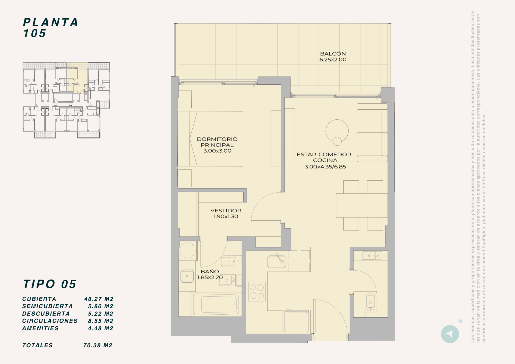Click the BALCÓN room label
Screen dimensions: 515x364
[x=333, y=54]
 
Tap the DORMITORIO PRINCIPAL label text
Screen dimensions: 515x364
[x=217, y=142]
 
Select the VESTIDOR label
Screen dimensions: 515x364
[x=226, y=211]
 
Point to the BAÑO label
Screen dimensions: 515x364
[x=210, y=272]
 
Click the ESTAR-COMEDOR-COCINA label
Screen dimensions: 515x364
[x=325, y=157]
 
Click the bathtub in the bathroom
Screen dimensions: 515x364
[x=216, y=305]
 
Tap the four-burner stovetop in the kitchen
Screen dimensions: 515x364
[x=257, y=291]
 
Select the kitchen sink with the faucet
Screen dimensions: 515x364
[x=277, y=261]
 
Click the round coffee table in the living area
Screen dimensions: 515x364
[x=337, y=131]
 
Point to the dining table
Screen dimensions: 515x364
[x=362, y=205]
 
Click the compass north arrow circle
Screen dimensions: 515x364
[x=450, y=334]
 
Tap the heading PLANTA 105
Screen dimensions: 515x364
[x=50, y=28]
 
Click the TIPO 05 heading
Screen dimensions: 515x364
[x=50, y=284]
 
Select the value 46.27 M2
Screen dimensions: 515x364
[x=99, y=299]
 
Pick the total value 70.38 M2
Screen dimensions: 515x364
[x=98, y=345]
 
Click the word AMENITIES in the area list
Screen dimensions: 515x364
[x=40, y=328]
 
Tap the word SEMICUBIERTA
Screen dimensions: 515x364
[x=47, y=306]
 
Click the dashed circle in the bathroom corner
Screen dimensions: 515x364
[x=187, y=250]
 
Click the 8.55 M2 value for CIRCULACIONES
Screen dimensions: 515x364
[x=101, y=321]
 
